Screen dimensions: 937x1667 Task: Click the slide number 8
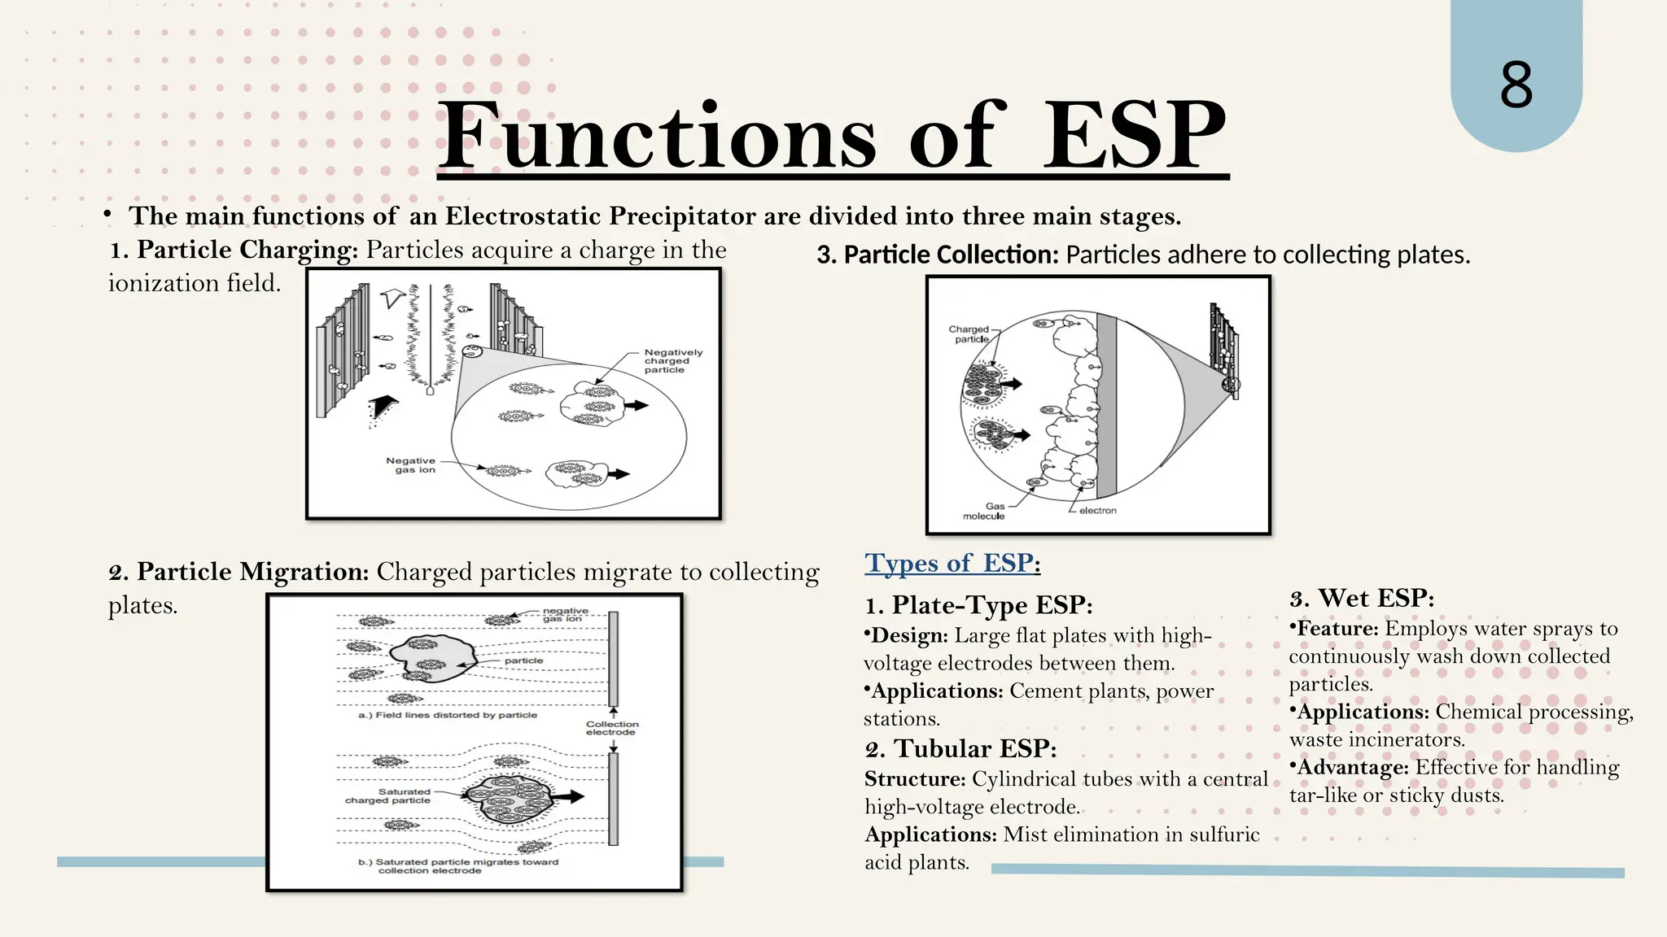point(1516,85)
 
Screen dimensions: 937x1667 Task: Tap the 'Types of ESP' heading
point(952,563)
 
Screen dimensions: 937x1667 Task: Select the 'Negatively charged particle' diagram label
point(672,361)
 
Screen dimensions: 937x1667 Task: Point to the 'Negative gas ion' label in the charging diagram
point(412,465)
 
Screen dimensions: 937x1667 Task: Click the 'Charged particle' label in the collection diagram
point(969,334)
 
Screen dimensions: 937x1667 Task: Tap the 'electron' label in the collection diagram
point(1097,511)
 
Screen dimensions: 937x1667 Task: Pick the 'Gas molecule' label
point(985,511)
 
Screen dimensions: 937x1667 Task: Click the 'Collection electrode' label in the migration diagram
point(612,728)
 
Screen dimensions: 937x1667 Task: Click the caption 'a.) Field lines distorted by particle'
point(448,715)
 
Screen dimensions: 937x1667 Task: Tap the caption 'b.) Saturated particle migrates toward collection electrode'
point(457,866)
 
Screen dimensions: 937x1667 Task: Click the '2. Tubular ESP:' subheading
point(960,748)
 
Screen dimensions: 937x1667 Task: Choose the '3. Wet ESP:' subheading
point(1362,599)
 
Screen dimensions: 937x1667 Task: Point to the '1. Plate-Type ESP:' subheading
point(978,605)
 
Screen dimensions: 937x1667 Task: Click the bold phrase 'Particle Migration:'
point(252,572)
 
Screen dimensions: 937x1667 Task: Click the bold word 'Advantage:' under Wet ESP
point(1352,768)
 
